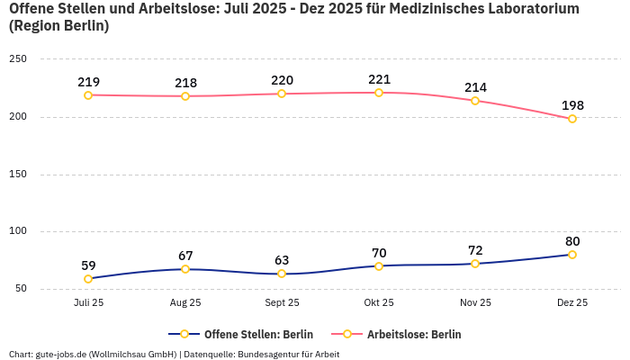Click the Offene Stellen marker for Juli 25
pyautogui.click(x=88, y=279)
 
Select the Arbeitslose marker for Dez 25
pyautogui.click(x=572, y=119)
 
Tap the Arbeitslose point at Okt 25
pyautogui.click(x=379, y=93)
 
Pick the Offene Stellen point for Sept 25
pyautogui.click(x=282, y=274)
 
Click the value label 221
pyautogui.click(x=379, y=79)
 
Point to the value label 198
pyautogui.click(x=572, y=105)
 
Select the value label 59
pyautogui.click(x=88, y=265)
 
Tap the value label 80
pyautogui.click(x=572, y=241)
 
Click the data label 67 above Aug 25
pyautogui.click(x=185, y=256)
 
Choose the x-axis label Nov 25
pyautogui.click(x=475, y=303)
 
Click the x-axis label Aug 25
pyautogui.click(x=185, y=303)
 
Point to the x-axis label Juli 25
pyautogui.click(x=88, y=303)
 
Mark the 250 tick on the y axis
pyautogui.click(x=18, y=59)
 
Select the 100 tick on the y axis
pyautogui.click(x=18, y=231)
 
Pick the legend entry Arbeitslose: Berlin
pyautogui.click(x=414, y=334)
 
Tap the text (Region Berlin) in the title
pyautogui.click(x=58, y=26)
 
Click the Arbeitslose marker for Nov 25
pyautogui.click(x=475, y=101)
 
